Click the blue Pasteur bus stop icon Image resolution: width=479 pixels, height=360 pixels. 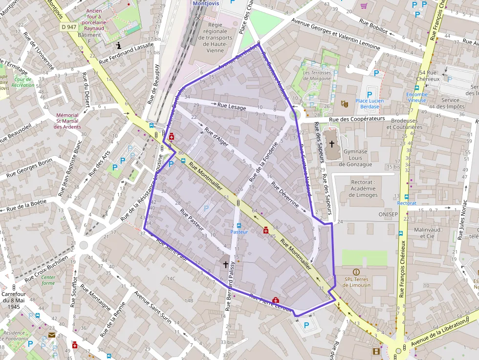239,226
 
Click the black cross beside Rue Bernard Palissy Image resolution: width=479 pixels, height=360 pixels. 225,264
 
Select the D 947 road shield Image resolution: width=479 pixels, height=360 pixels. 69,27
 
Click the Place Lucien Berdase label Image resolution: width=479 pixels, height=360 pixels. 370,104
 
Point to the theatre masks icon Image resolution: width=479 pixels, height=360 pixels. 344,104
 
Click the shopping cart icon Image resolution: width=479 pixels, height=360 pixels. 364,6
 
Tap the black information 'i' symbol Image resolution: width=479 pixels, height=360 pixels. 119,45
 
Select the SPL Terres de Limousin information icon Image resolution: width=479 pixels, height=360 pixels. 356,272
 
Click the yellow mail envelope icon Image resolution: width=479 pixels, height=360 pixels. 52,335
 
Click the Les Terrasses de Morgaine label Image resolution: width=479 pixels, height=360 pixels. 317,76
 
